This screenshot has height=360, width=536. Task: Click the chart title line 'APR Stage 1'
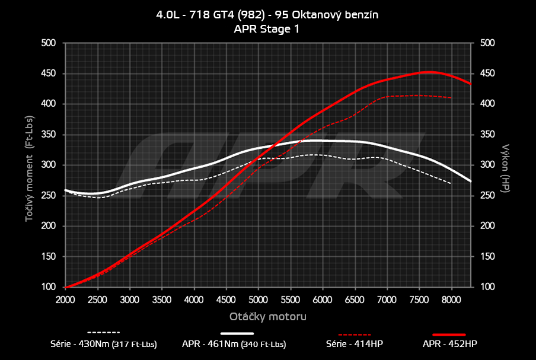tap(267, 28)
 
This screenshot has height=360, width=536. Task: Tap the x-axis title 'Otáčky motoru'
tap(268, 317)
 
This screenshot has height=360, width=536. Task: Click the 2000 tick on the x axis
tap(65, 300)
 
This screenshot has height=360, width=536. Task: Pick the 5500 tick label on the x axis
tap(291, 300)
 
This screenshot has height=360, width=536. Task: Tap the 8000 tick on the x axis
tap(452, 300)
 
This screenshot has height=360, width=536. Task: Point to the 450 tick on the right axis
tap(487, 74)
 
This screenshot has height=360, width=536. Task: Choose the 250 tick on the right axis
tap(487, 196)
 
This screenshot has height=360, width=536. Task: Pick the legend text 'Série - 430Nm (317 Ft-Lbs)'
tap(104, 343)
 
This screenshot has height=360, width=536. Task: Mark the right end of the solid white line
tap(471, 181)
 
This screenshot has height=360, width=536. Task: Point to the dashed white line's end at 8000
tap(452, 184)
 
